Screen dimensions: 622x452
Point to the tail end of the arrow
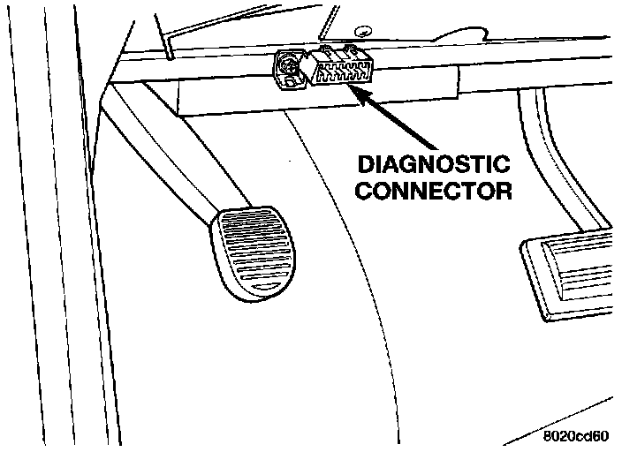point(435,147)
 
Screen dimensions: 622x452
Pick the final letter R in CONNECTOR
point(504,191)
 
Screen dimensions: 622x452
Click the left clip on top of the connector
point(328,51)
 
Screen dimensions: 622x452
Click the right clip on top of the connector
point(355,51)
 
